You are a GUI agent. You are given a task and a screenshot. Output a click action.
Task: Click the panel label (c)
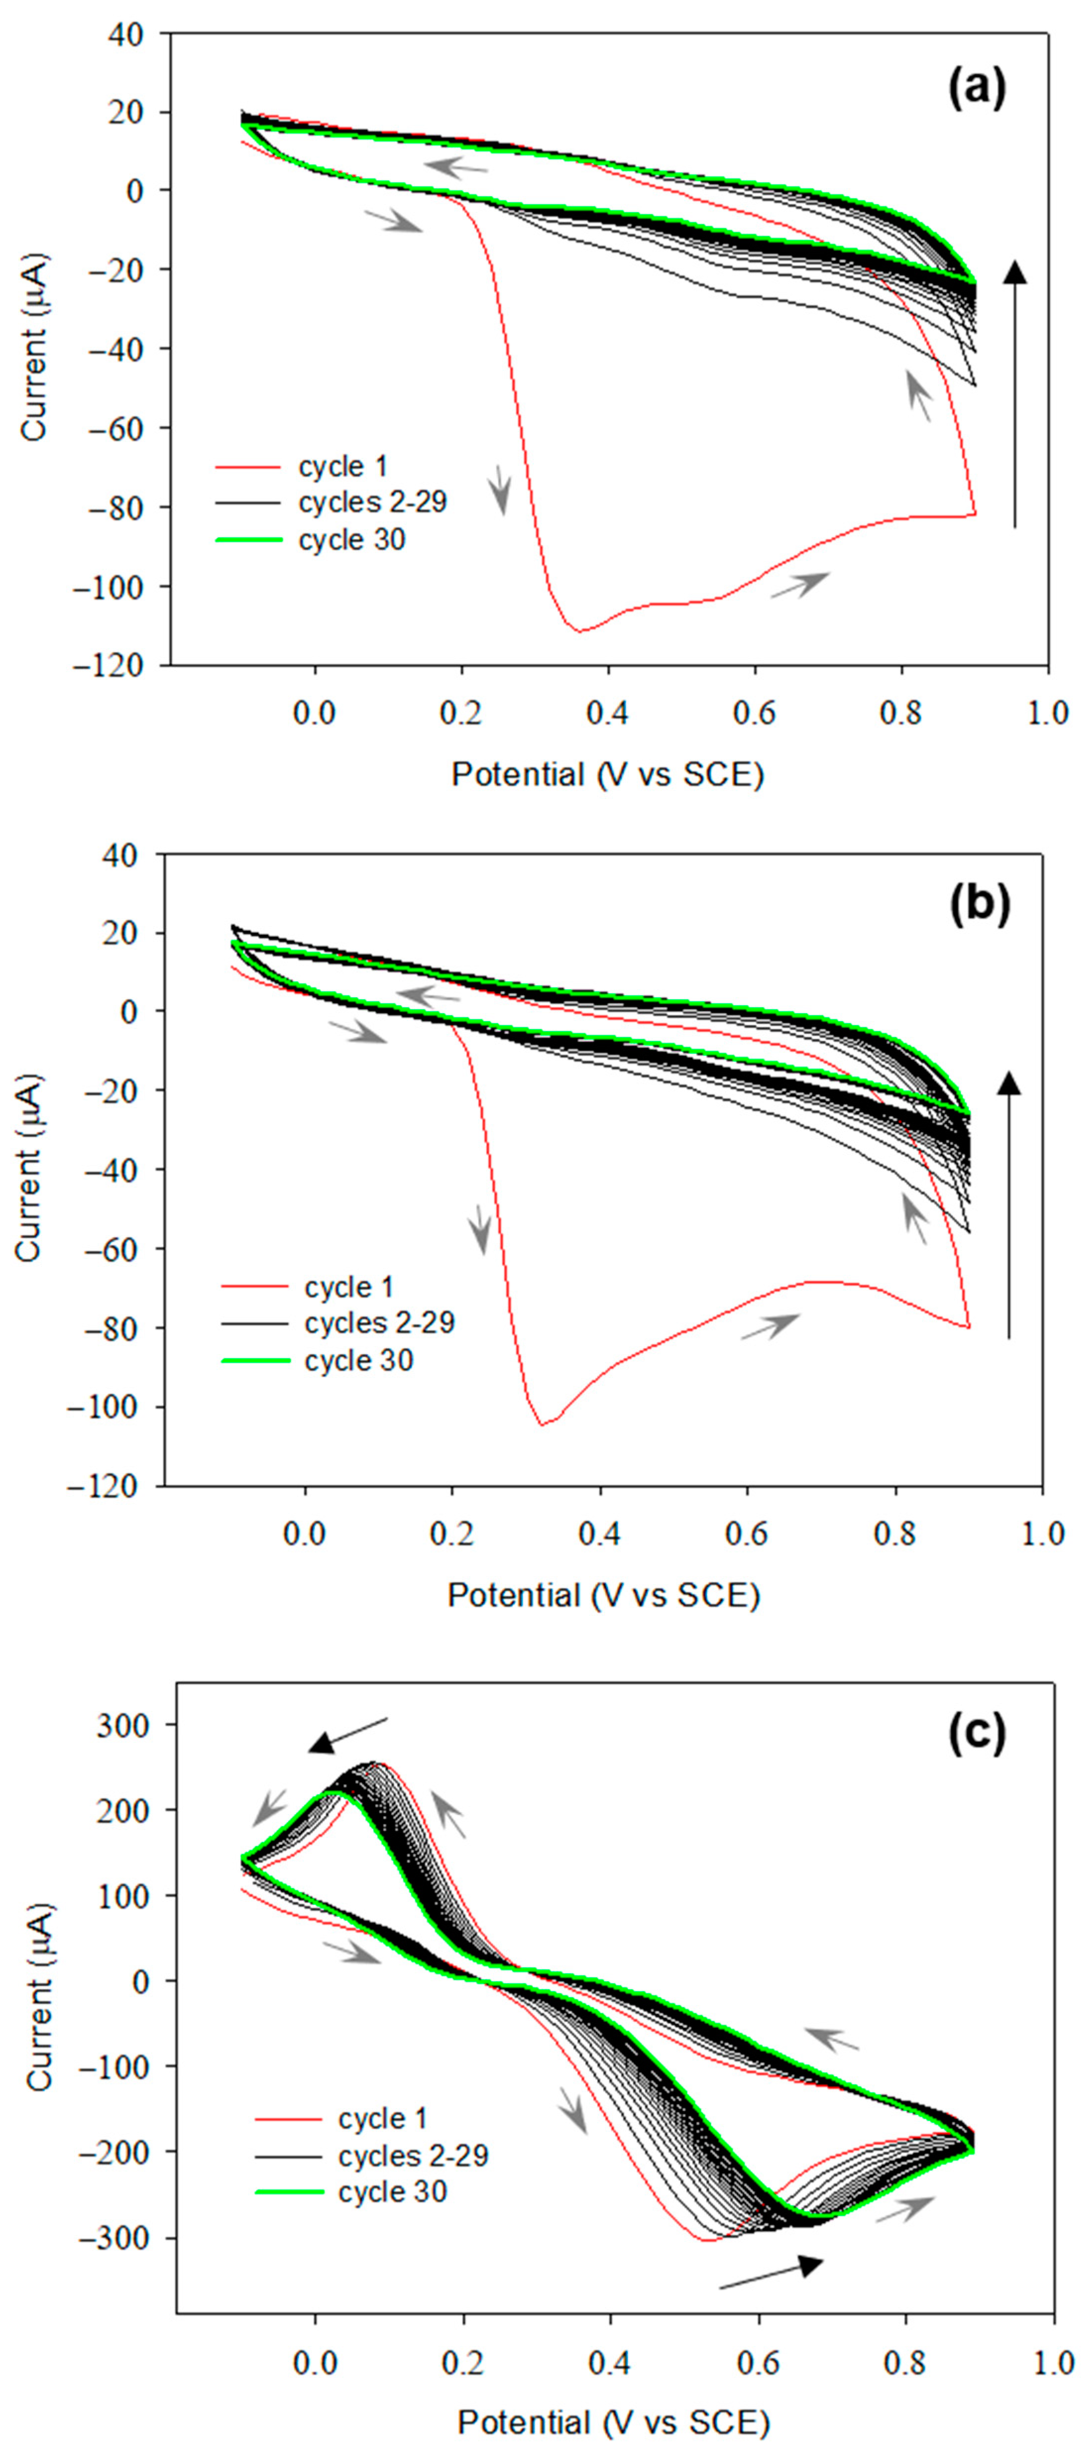pyautogui.click(x=976, y=1734)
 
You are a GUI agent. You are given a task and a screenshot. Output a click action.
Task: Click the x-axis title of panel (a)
pyautogui.click(x=607, y=774)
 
